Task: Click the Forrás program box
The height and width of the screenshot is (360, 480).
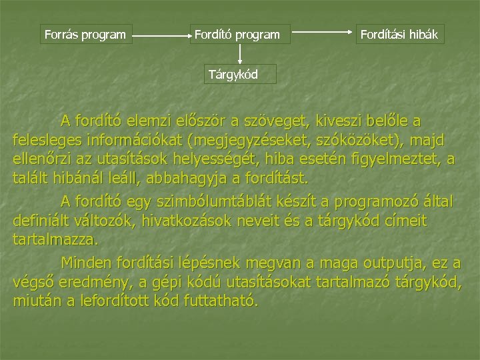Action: coord(84,33)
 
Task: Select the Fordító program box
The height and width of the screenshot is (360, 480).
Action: coord(237,33)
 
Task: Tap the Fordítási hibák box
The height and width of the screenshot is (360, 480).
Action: coord(399,33)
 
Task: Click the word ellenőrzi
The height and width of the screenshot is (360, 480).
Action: coord(43,160)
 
